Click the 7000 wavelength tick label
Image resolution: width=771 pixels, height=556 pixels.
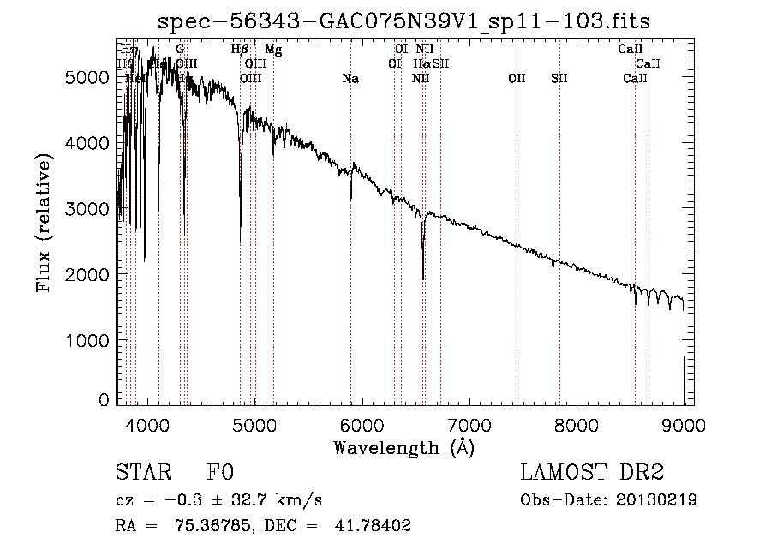click(x=469, y=423)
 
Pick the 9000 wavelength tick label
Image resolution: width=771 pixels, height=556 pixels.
click(x=684, y=423)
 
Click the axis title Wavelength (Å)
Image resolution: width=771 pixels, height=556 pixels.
click(x=403, y=447)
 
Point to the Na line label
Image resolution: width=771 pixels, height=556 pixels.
click(x=350, y=79)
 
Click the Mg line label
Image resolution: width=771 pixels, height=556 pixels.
click(x=273, y=50)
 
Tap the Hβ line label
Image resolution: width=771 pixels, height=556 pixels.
click(x=240, y=50)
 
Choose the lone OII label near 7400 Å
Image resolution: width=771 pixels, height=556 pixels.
click(x=517, y=79)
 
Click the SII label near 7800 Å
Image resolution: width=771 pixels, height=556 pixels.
click(x=559, y=79)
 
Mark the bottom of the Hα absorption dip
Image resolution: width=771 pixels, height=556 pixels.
click(x=423, y=278)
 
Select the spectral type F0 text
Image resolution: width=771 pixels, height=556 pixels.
click(x=220, y=474)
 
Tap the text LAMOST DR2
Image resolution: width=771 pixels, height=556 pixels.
click(x=592, y=474)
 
